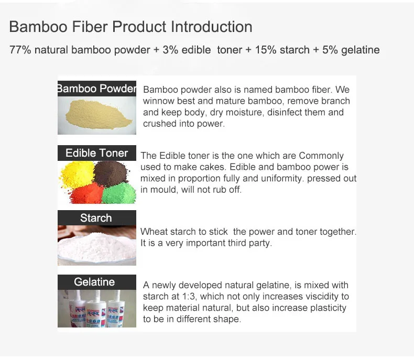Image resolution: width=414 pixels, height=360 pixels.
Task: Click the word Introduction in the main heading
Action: pos(211,27)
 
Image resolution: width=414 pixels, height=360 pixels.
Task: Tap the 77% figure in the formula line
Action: pos(20,50)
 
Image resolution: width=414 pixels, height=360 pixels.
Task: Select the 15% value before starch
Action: pos(266,50)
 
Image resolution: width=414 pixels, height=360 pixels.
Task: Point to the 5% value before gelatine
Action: pos(330,50)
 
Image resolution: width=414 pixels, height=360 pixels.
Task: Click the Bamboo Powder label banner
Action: pos(97,89)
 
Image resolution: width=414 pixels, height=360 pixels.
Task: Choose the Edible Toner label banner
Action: pos(97,153)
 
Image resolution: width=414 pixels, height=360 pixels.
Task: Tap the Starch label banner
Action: pos(97,218)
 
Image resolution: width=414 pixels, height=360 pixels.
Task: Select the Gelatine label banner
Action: pos(97,282)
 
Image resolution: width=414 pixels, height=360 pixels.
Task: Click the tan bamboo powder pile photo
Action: pos(97,115)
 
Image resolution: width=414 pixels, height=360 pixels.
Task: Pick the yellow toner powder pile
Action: pos(78,174)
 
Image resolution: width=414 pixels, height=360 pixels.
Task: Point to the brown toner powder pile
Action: pos(111,173)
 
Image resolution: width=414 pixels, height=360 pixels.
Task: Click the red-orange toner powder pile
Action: pos(87,194)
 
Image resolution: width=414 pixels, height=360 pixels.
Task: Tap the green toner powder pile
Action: pos(119,193)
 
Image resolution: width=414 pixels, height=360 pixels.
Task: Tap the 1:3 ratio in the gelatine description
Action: pos(189,297)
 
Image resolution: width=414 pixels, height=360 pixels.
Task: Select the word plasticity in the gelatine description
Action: pos(328,308)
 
